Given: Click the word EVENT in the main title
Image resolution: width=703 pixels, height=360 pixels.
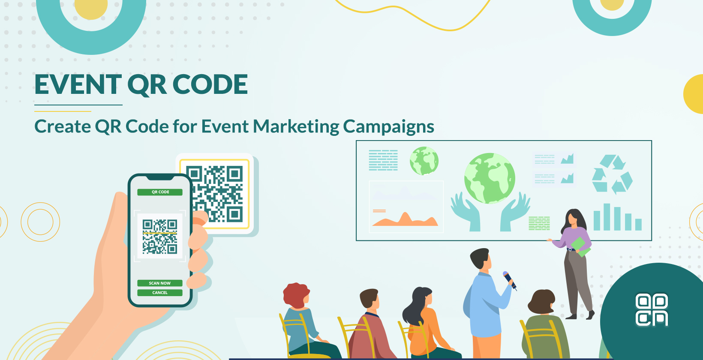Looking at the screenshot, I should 78,84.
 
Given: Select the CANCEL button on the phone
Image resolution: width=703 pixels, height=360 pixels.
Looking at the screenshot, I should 160,293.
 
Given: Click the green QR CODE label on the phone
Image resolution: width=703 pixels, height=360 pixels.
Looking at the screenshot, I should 160,192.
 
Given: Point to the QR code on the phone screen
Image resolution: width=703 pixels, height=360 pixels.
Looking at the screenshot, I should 160,237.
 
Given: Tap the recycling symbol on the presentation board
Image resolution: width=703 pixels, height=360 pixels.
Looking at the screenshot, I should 612,174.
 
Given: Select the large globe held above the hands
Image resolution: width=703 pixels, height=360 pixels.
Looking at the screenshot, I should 489,178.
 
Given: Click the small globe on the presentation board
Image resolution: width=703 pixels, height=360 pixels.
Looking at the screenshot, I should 424,161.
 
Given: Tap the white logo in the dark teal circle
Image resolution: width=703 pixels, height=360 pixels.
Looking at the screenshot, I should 652,310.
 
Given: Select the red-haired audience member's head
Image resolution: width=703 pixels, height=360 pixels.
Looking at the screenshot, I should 296,294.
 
